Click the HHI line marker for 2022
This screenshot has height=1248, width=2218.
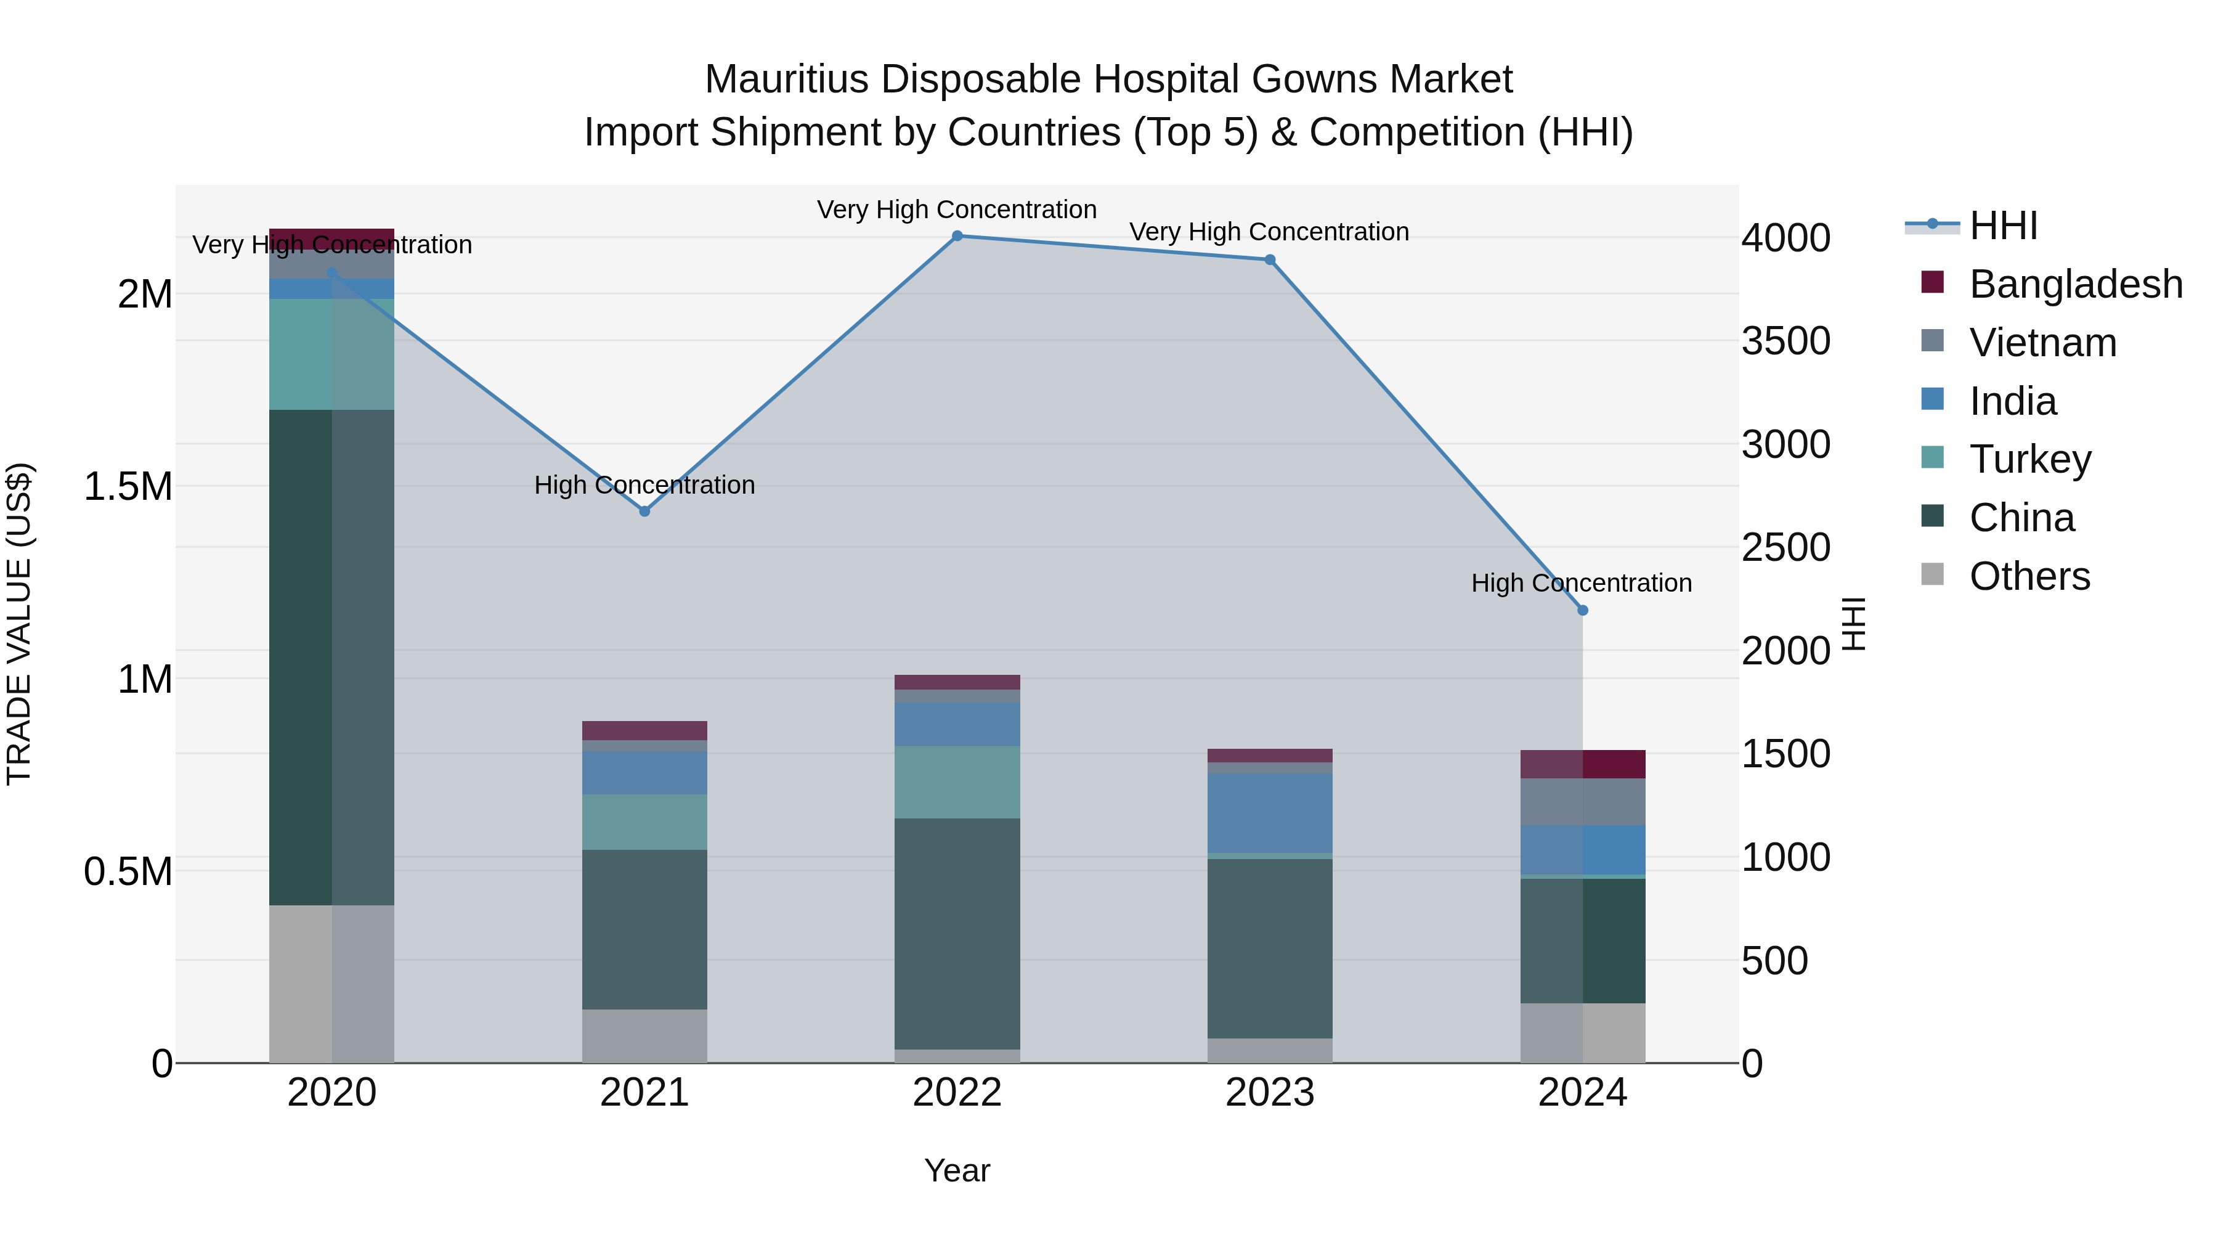click(x=957, y=236)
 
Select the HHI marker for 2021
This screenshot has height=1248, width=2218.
click(x=644, y=512)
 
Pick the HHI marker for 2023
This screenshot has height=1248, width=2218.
click(x=1270, y=260)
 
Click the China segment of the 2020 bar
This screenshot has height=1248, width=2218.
click(x=331, y=656)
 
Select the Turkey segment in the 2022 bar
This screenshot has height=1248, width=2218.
click(x=957, y=782)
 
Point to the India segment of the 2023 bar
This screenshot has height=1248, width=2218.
click(x=1270, y=813)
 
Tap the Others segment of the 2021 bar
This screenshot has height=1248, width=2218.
click(x=644, y=1035)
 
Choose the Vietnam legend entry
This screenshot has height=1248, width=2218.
click(x=2042, y=343)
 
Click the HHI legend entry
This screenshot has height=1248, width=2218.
click(x=2003, y=226)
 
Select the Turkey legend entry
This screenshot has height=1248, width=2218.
click(x=2029, y=459)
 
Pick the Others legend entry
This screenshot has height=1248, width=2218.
click(x=2029, y=576)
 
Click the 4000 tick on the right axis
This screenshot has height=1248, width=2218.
click(x=1785, y=238)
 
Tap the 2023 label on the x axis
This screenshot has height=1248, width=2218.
click(x=1270, y=1093)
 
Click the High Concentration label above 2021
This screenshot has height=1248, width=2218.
click(x=644, y=485)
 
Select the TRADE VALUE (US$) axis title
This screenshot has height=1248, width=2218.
click(x=19, y=624)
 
